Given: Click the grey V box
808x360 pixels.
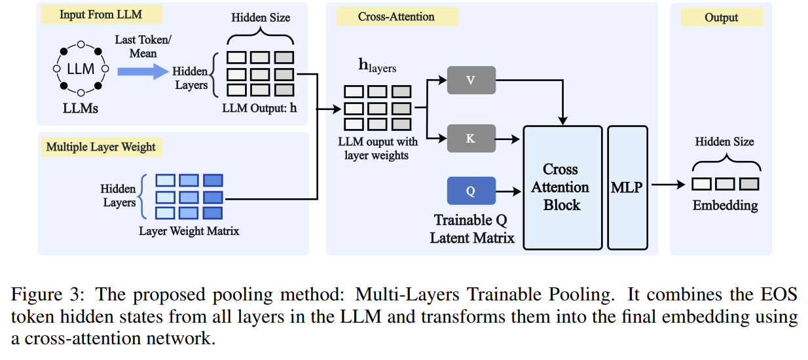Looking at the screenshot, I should (x=471, y=80).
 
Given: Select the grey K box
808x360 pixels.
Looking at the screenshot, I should (x=471, y=139).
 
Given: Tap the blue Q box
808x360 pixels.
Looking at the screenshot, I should (x=471, y=190).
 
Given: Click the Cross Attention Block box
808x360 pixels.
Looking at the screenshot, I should (x=562, y=187).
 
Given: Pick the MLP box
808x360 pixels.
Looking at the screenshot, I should (x=627, y=187).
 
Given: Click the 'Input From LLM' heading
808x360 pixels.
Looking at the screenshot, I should (x=100, y=14).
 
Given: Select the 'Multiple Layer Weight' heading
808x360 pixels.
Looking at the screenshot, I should (x=101, y=147).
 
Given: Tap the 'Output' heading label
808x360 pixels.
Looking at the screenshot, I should (x=721, y=18).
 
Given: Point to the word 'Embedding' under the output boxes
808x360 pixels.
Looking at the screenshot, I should (x=725, y=206).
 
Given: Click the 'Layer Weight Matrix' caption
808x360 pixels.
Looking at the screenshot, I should (x=189, y=231).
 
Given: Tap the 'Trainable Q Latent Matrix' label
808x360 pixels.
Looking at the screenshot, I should (x=471, y=229).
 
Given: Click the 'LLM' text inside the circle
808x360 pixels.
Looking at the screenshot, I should (x=81, y=69).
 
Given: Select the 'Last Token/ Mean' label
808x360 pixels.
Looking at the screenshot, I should (x=143, y=46).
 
